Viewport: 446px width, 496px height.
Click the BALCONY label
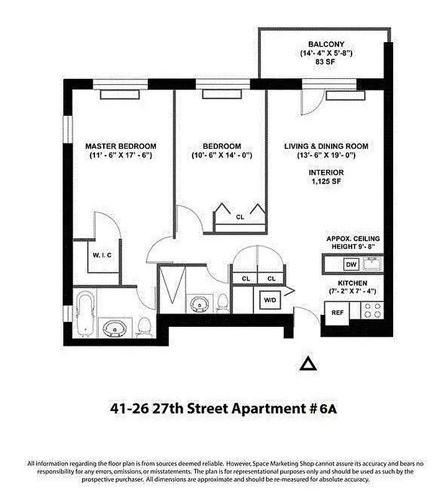point(325,44)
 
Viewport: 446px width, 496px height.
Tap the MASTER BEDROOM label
point(121,146)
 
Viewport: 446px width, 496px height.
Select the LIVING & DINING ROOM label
point(326,146)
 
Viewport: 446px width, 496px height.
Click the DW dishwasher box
point(351,265)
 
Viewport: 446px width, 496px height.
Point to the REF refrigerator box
point(337,312)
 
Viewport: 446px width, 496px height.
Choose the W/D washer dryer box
point(271,301)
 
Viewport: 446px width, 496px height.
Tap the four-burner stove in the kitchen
point(371,310)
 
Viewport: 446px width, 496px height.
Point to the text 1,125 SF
point(326,182)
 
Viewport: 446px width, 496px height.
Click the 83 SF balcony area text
point(325,64)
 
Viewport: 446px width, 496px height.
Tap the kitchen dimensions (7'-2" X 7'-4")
point(352,291)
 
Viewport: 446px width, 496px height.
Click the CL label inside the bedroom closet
point(240,217)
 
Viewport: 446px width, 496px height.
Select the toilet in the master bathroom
point(145,325)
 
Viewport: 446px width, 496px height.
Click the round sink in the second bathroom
point(200,304)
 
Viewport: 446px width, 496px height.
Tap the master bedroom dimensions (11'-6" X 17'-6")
point(121,155)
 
